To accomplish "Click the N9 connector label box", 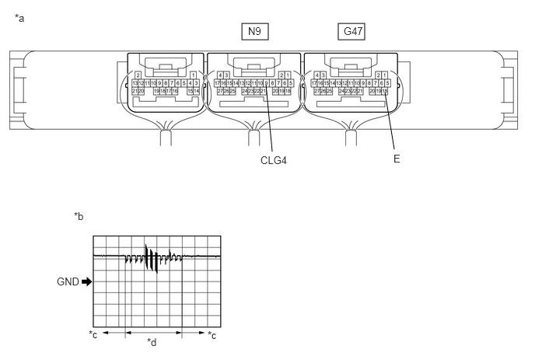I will (254, 31).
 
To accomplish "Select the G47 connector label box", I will (352, 31).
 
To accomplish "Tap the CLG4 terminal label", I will (275, 161).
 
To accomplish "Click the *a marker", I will (19, 17).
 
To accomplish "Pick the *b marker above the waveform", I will (79, 215).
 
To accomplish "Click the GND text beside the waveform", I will (67, 282).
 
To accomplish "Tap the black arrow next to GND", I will (86, 282).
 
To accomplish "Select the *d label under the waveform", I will (152, 341).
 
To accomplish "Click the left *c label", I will (93, 335).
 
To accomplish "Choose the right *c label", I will (212, 335).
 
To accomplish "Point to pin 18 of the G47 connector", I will (384, 91).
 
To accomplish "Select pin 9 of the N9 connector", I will (266, 82).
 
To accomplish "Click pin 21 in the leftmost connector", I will (135, 91).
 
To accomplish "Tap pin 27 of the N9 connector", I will (219, 91).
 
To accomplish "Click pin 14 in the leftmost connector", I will (196, 91).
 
